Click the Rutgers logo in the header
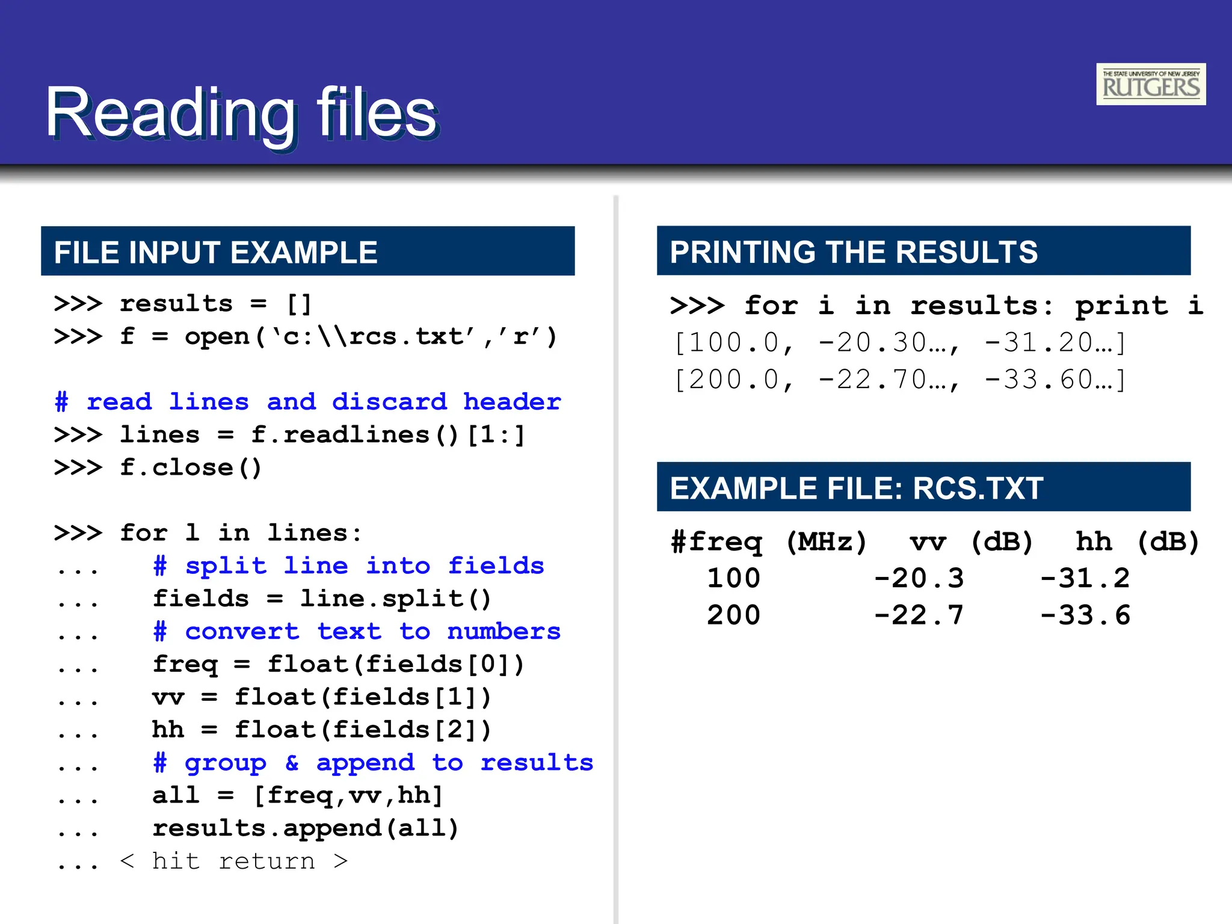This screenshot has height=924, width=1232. pos(1150,84)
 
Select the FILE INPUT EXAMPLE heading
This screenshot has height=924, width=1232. pos(215,252)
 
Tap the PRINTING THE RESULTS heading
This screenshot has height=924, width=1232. pos(854,251)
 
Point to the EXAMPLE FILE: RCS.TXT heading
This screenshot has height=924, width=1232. pos(857,488)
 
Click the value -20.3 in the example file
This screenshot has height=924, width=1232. pos(919,579)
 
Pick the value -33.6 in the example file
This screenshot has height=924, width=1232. pos(1085,615)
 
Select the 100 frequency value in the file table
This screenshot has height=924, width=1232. pos(734,579)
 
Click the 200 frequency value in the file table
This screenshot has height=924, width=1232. pos(734,615)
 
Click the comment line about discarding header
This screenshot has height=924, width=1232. pos(307,402)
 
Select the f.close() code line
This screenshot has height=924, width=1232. pos(191,468)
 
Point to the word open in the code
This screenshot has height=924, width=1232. pos(217,337)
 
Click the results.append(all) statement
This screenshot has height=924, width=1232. pos(306,829)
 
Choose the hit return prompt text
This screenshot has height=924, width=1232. pos(233,861)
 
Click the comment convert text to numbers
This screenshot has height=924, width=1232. pos(357,632)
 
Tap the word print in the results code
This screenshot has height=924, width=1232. pos(1121,306)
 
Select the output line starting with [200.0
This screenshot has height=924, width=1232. pos(899,380)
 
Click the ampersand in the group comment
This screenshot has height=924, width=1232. pos(292,763)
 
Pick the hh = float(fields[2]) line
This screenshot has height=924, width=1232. pos(322,730)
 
